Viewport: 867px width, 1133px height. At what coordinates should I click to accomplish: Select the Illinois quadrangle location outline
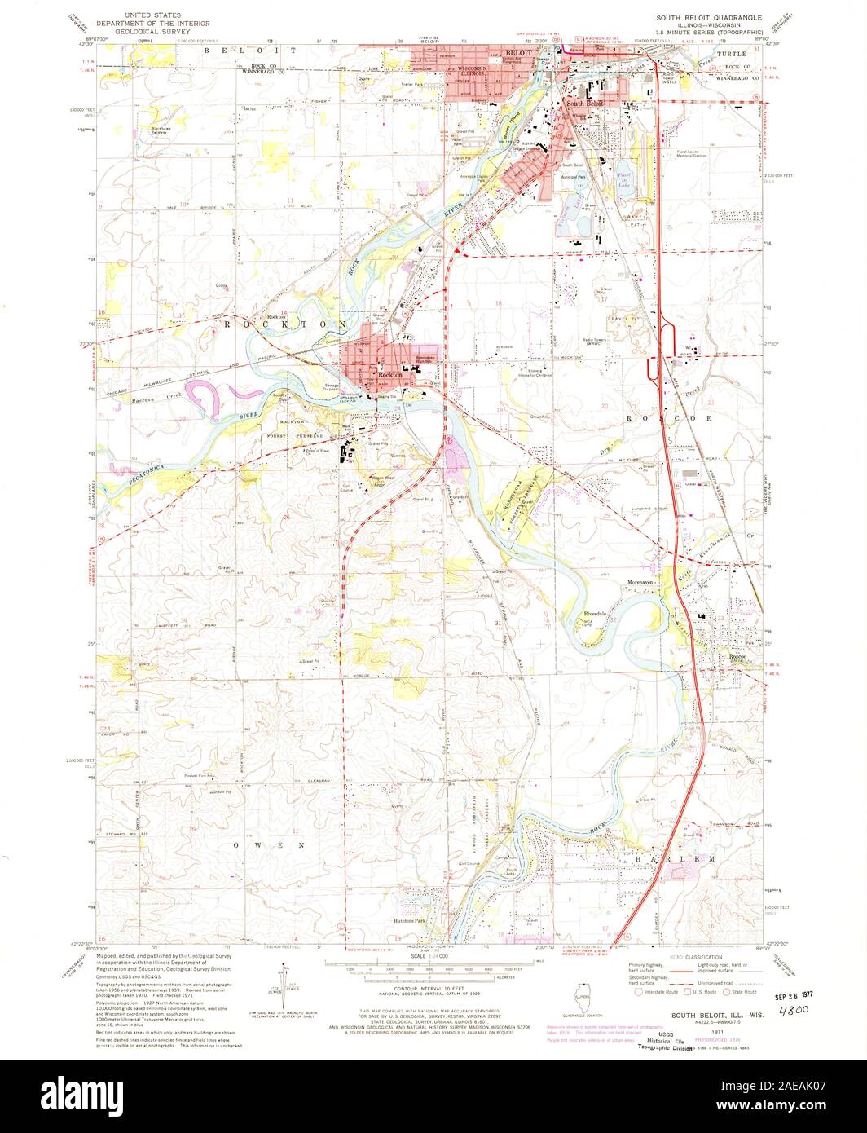click(583, 998)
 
